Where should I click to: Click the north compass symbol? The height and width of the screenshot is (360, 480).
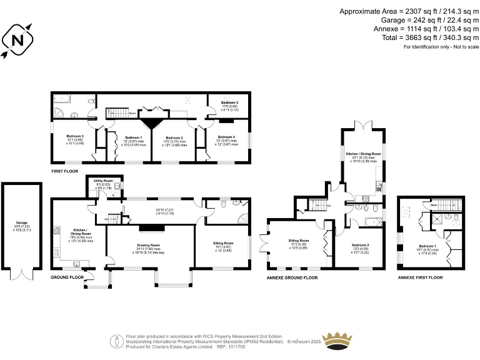17,40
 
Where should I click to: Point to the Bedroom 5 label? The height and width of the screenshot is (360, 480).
230,103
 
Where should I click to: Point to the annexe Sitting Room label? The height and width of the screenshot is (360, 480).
298,240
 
